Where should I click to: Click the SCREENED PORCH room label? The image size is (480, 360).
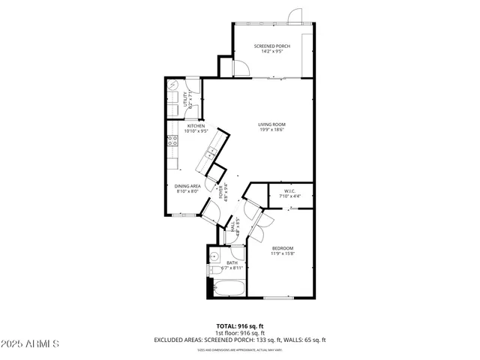[271, 46]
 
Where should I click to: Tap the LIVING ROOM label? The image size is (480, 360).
[271, 124]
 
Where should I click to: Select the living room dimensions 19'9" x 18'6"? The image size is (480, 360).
[271, 130]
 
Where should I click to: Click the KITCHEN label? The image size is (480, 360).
[185, 126]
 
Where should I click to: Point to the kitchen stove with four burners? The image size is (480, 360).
[172, 139]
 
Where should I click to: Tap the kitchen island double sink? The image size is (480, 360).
[211, 153]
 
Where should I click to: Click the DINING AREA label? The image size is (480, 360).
[187, 186]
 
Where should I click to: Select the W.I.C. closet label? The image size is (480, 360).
[289, 191]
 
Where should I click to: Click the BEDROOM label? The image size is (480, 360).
[283, 248]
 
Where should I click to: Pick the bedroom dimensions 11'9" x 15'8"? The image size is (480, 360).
[283, 253]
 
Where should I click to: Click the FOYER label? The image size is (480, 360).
[222, 193]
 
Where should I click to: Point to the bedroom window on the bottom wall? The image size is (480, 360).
[277, 298]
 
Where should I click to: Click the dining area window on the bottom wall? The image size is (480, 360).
[184, 215]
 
